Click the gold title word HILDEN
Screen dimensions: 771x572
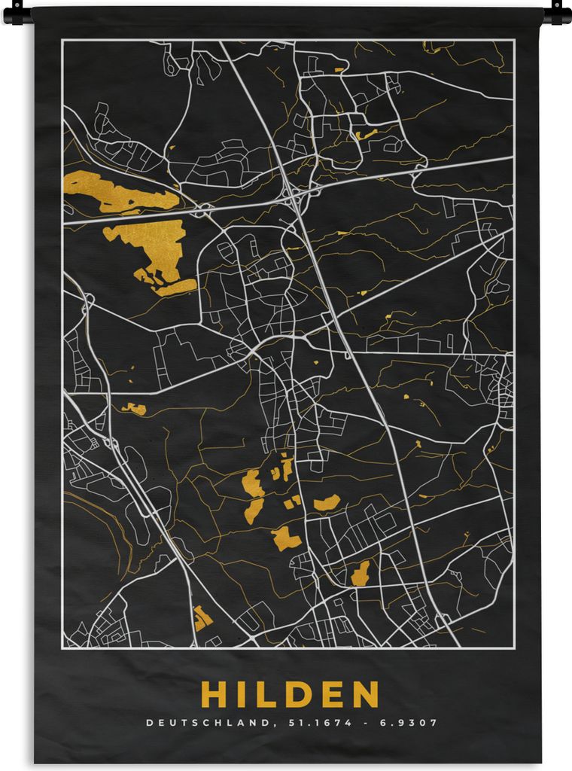point(290,694)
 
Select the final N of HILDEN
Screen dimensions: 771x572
point(365,694)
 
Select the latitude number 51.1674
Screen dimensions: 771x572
point(303,723)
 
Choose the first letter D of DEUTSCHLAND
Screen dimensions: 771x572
point(149,723)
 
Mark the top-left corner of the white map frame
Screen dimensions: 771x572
point(62,41)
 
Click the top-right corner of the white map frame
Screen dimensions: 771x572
point(514,41)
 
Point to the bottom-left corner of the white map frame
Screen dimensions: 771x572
point(62,648)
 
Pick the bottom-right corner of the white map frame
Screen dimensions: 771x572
point(514,648)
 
